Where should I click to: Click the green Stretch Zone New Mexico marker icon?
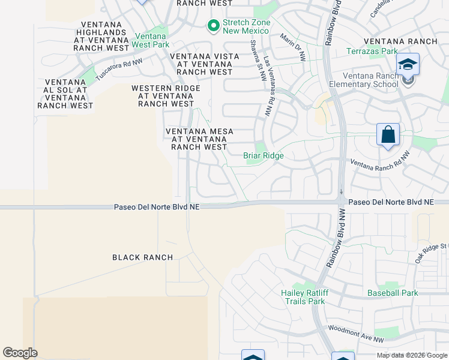212,25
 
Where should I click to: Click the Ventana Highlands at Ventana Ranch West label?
101,36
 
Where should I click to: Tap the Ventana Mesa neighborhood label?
199,139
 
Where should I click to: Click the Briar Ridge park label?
263,155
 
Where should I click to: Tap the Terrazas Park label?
372,52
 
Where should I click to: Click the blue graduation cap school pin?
408,64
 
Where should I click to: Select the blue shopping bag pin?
388,134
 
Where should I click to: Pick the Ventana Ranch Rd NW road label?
380,160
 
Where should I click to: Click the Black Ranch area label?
143,257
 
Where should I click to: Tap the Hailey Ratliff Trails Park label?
303,297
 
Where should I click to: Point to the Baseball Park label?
393,293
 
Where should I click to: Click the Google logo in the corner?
20,353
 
